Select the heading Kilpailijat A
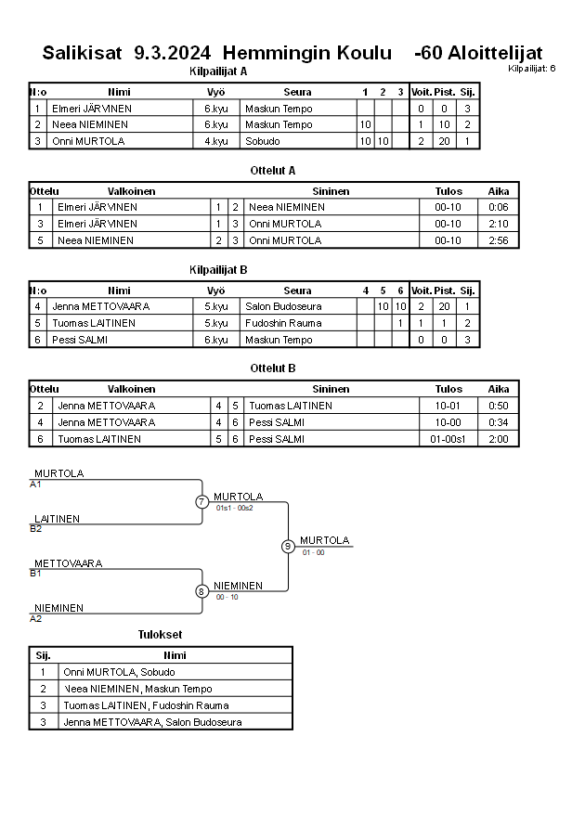217,71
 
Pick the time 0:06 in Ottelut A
499,207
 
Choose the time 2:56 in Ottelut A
499,240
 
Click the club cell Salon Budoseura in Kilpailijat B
283,306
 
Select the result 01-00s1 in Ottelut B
448,439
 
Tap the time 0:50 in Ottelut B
499,406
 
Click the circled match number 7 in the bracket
201,502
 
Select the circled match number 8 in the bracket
201,591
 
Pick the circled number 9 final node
288,546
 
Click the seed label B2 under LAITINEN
35,529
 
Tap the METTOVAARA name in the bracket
68,563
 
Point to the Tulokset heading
160,635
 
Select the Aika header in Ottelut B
499,389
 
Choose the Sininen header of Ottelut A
331,191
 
